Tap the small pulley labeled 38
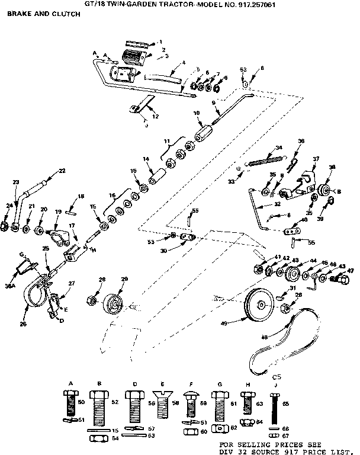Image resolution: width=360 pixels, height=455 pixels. tap(323, 192)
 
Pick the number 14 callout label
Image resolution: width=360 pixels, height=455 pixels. tap(144, 159)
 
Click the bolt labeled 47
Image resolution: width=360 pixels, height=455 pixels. tap(342, 277)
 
